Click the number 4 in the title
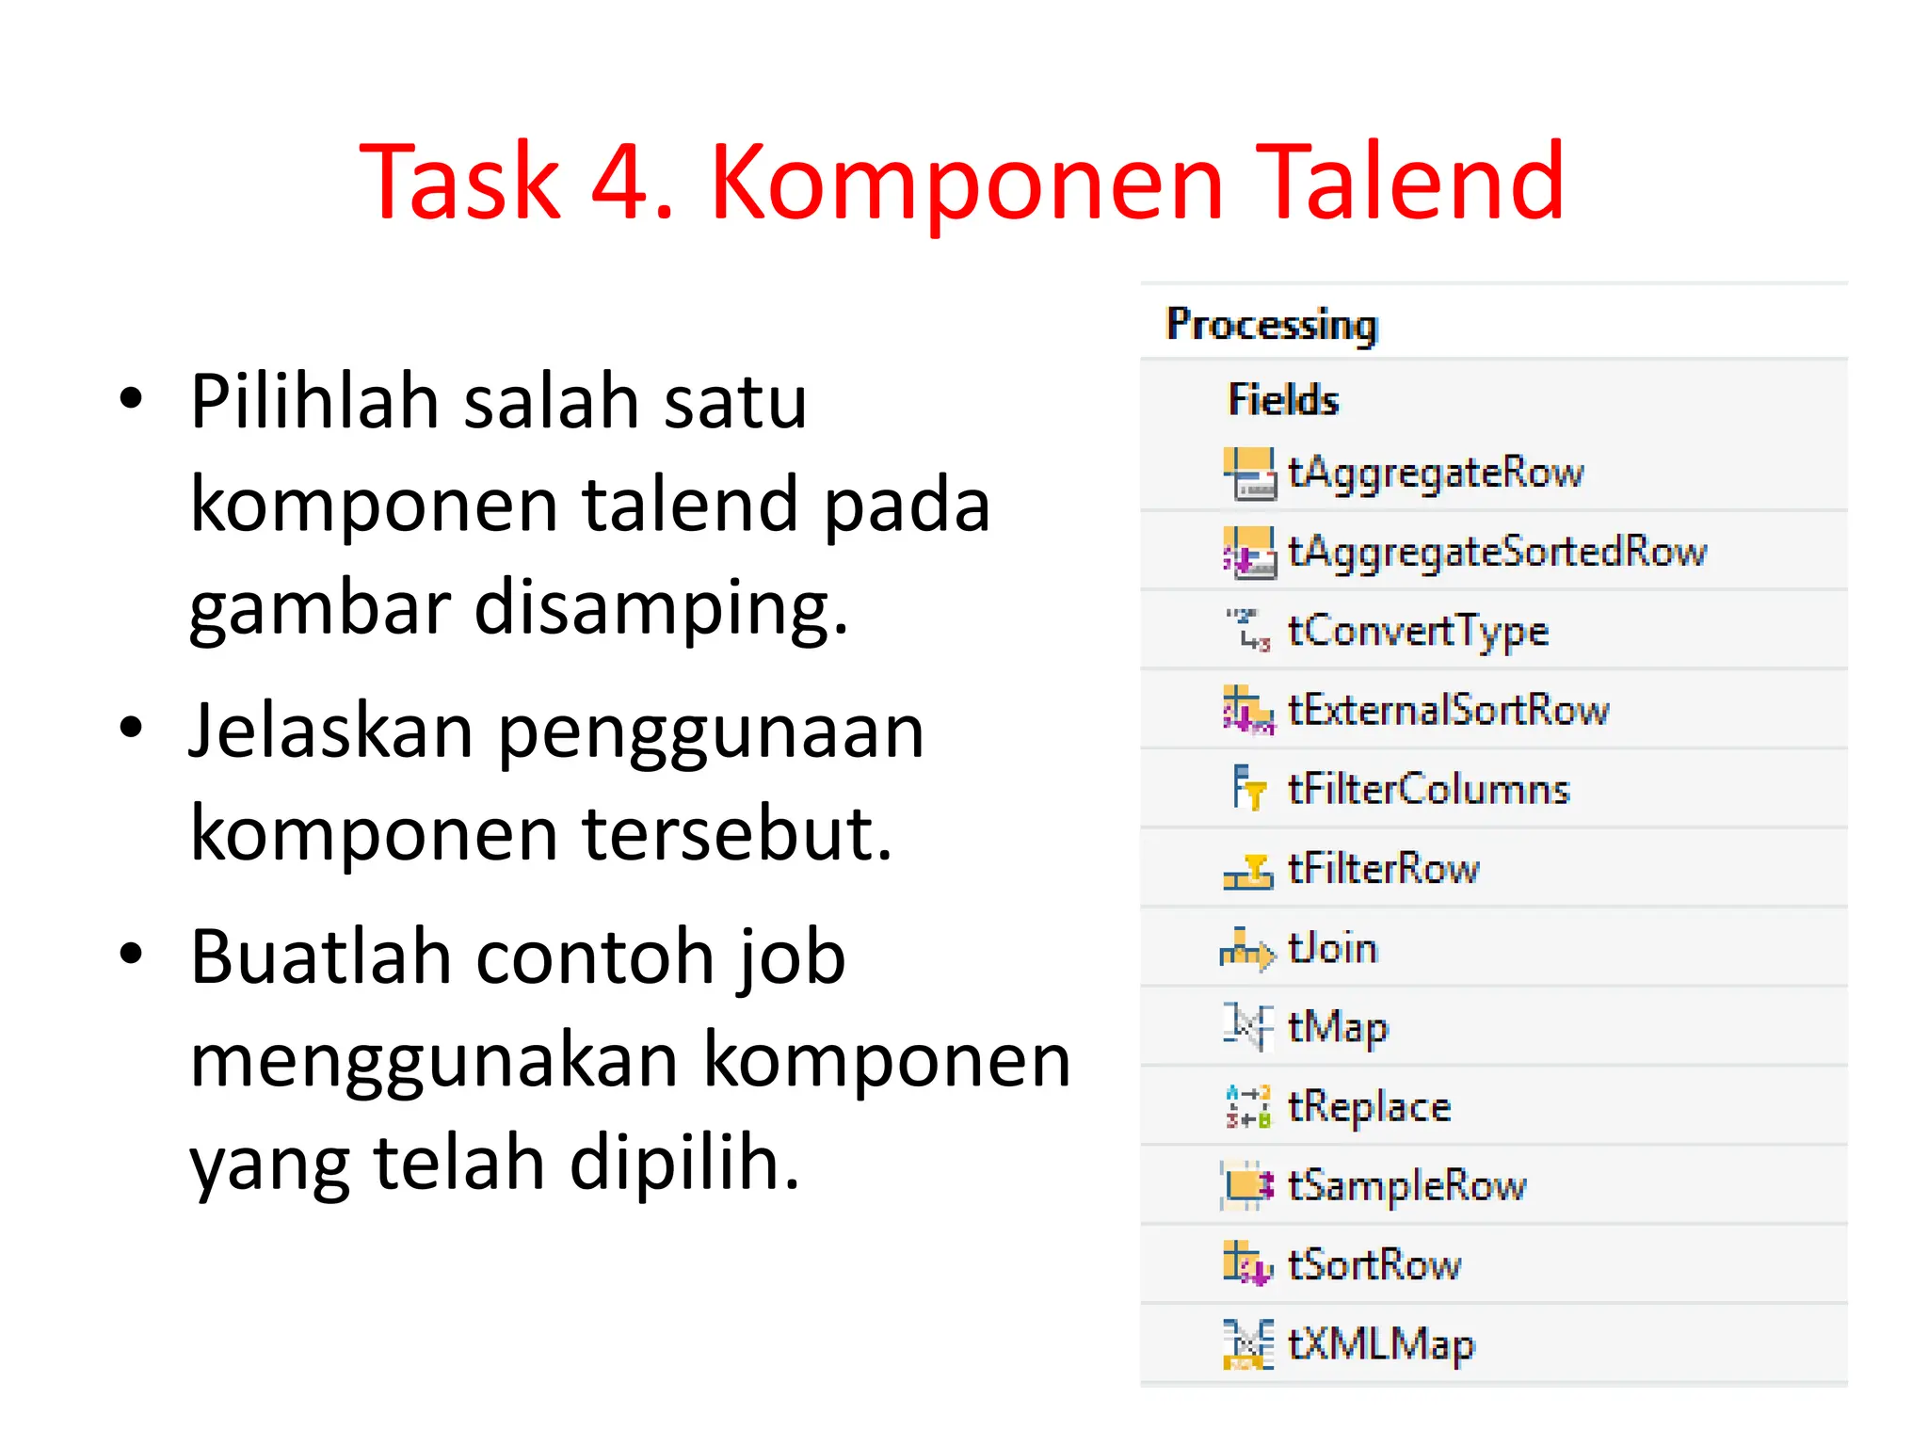tap(623, 181)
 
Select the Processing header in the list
tap(1271, 324)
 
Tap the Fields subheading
tap(1283, 400)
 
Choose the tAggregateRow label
tap(1436, 473)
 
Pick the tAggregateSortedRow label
tap(1497, 552)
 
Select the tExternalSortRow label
tap(1449, 710)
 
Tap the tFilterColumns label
tap(1429, 789)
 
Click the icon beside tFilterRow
tap(1248, 870)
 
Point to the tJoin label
tap(1332, 948)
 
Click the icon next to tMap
tap(1248, 1026)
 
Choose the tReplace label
tap(1369, 1107)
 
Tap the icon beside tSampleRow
tap(1248, 1185)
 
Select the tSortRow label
tap(1374, 1264)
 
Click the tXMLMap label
tap(1381, 1344)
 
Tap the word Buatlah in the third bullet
tap(321, 957)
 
